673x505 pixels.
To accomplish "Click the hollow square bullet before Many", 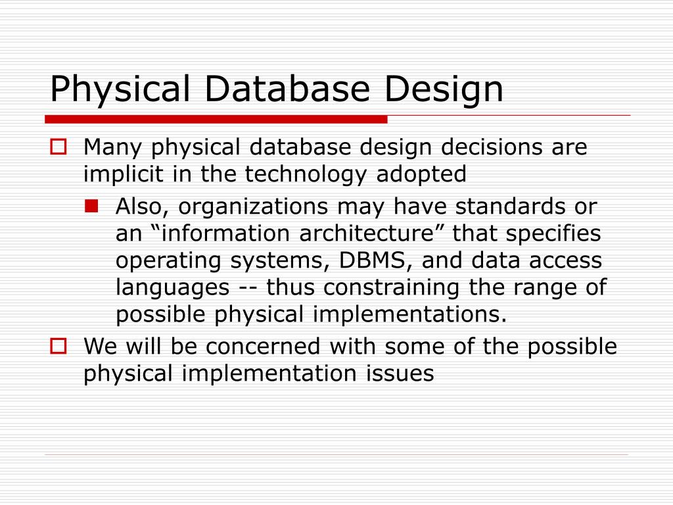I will [x=58, y=147].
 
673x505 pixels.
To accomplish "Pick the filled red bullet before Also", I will [x=91, y=206].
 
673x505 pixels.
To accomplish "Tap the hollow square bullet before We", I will [x=58, y=346].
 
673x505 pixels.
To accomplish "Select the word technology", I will [x=308, y=175].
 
